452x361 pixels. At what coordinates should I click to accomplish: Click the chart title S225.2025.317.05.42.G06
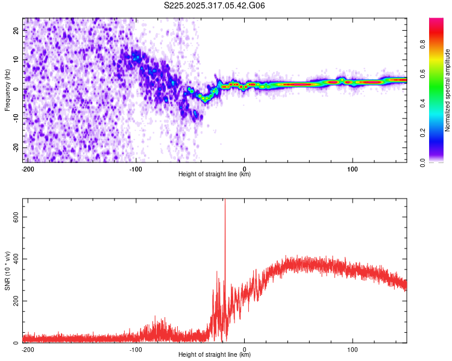click(x=215, y=6)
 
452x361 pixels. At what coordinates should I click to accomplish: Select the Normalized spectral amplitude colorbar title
click(x=448, y=90)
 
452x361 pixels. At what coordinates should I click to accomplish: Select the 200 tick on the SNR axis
click(x=13, y=301)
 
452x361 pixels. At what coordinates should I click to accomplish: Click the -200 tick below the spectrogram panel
click(x=27, y=168)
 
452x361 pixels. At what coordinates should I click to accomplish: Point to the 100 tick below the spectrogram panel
click(x=352, y=168)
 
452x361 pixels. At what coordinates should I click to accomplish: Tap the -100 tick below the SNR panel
click(x=136, y=349)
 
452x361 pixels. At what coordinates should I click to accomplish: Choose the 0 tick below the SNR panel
click(x=244, y=349)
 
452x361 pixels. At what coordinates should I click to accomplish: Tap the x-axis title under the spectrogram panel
click(x=215, y=174)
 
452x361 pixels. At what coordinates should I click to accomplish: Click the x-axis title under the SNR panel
click(x=215, y=355)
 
